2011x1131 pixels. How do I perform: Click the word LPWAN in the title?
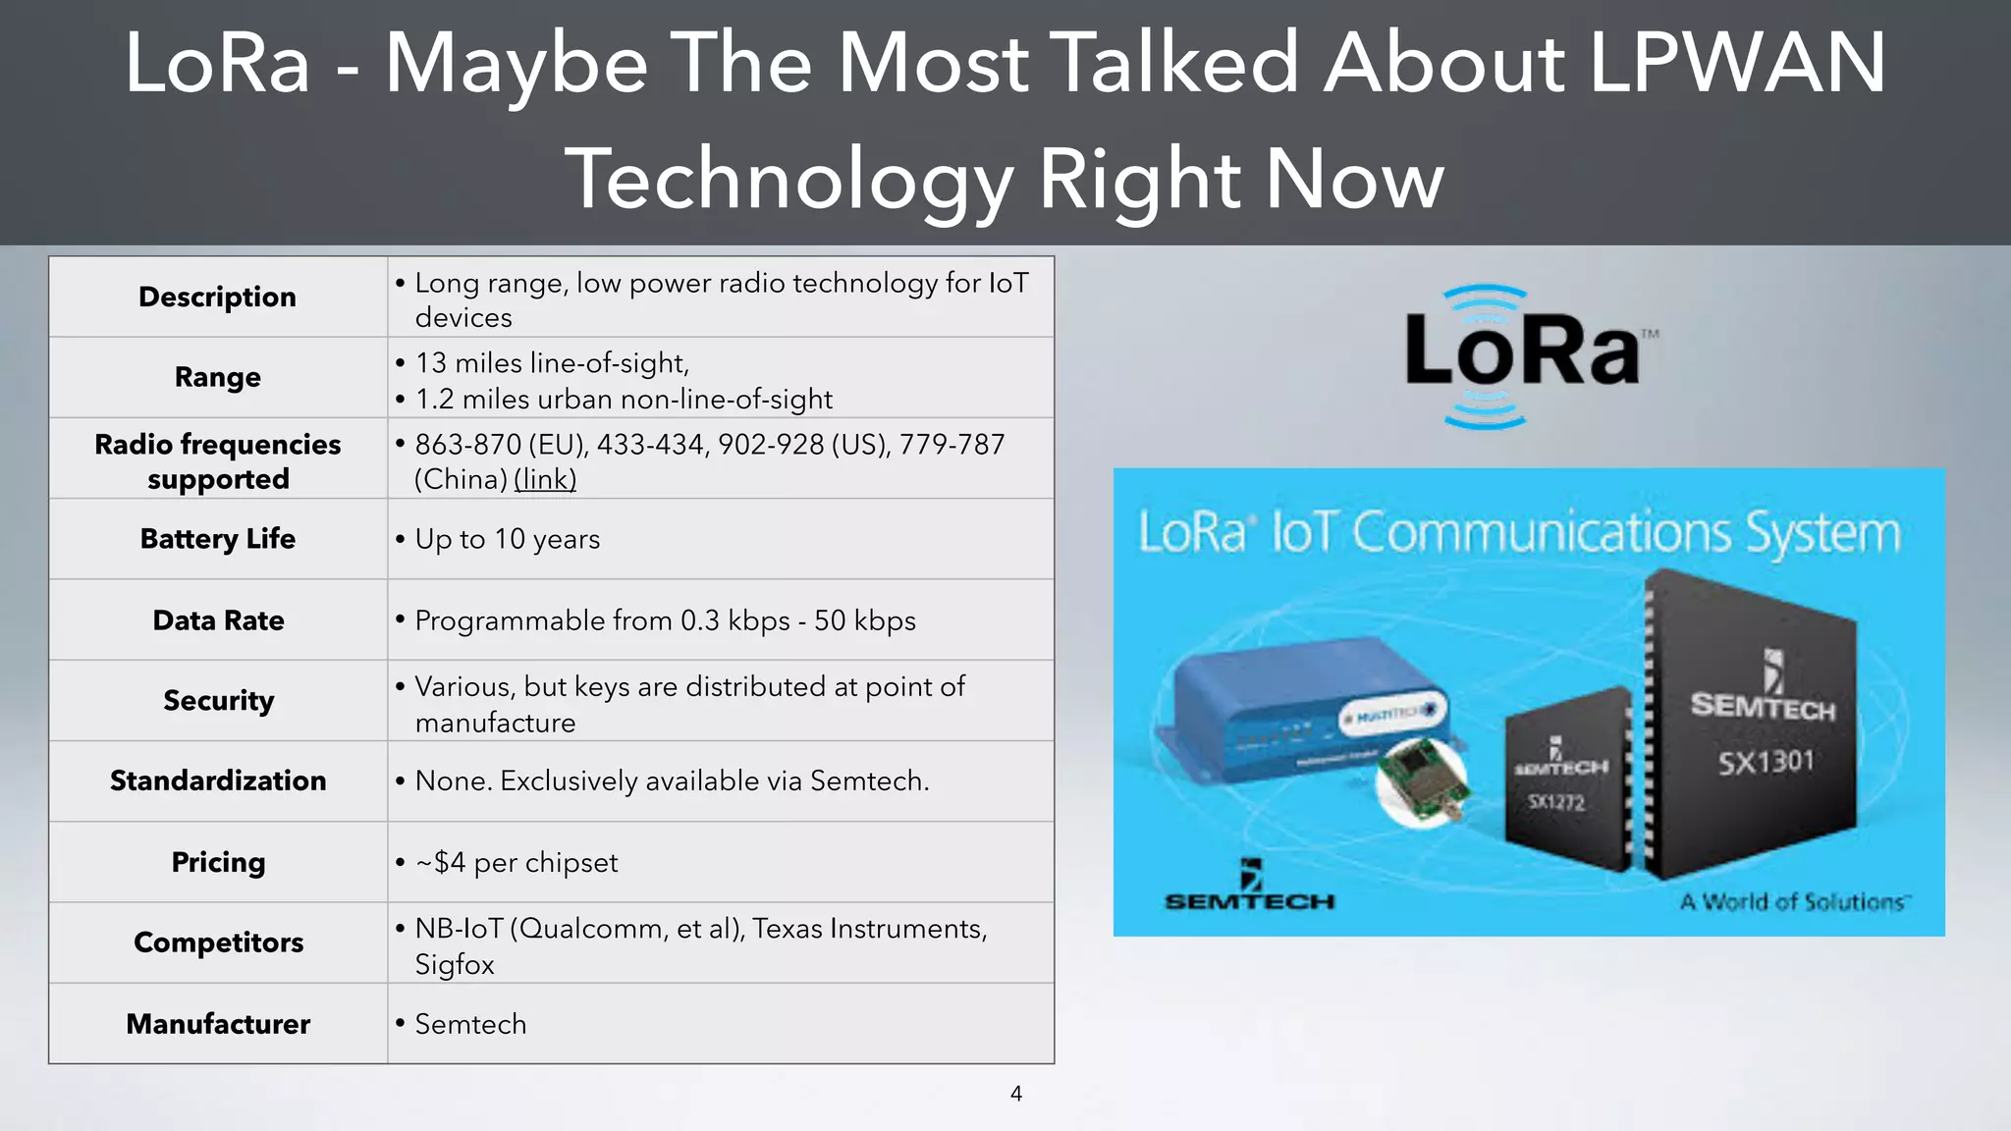[x=1736, y=64]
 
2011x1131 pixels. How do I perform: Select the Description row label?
[x=217, y=296]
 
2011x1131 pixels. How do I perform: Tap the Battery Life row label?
[x=217, y=539]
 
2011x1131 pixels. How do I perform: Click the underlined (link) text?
[x=545, y=479]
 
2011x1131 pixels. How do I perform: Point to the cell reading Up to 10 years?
[x=508, y=539]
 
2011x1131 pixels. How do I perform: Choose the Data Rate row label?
[x=218, y=620]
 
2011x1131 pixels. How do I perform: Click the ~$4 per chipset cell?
[x=517, y=862]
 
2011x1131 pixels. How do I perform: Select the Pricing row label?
[x=218, y=862]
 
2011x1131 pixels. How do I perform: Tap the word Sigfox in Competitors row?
[x=455, y=964]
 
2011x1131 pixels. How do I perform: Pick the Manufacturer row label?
[x=218, y=1024]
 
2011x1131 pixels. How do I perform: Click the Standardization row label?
[x=218, y=781]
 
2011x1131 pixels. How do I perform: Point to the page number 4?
[x=1016, y=1094]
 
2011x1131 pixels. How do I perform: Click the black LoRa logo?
[x=1522, y=351]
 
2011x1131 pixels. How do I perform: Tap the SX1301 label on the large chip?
[x=1765, y=762]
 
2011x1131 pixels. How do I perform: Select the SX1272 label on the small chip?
[x=1556, y=803]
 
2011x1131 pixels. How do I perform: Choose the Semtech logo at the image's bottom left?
[x=1249, y=889]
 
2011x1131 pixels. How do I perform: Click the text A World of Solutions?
[x=1792, y=901]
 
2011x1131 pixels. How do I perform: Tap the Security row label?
[x=218, y=700]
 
